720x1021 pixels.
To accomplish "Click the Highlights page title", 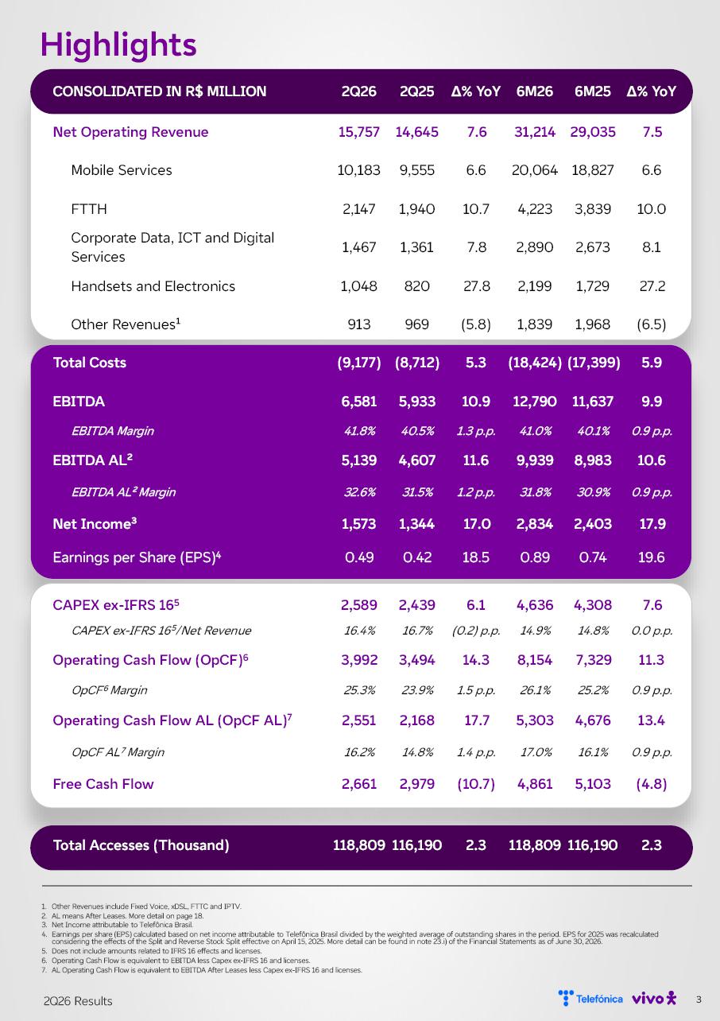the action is pyautogui.click(x=118, y=45).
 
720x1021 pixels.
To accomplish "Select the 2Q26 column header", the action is pyautogui.click(x=359, y=91).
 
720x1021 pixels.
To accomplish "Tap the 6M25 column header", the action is pyautogui.click(x=593, y=91).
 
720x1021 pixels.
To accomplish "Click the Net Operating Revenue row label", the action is pyautogui.click(x=130, y=132).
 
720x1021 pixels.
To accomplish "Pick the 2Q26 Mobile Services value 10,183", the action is pyautogui.click(x=359, y=170).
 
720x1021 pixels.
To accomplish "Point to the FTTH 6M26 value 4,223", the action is pyautogui.click(x=535, y=209).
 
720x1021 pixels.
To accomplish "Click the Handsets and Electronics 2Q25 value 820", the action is pyautogui.click(x=416, y=286).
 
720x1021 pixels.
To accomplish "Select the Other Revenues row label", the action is pyautogui.click(x=126, y=324).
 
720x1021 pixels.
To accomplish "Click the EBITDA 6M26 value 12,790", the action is pyautogui.click(x=535, y=402).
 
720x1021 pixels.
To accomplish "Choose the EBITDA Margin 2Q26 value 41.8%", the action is pyautogui.click(x=359, y=431).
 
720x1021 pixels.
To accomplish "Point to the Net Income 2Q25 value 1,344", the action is pyautogui.click(x=416, y=524).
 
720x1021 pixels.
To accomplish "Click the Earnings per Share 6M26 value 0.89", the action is pyautogui.click(x=535, y=557).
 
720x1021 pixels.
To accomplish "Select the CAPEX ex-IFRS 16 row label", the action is pyautogui.click(x=116, y=605).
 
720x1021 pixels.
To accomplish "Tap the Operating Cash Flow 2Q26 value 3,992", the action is pyautogui.click(x=359, y=660).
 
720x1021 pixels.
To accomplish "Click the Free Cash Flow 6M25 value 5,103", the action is pyautogui.click(x=593, y=784).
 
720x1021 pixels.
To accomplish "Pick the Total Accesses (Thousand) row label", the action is pyautogui.click(x=141, y=845).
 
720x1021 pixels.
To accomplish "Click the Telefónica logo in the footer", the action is pyautogui.click(x=590, y=998).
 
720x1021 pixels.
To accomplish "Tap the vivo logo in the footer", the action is pyautogui.click(x=654, y=998).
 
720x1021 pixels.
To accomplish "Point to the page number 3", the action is pyautogui.click(x=699, y=1000).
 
